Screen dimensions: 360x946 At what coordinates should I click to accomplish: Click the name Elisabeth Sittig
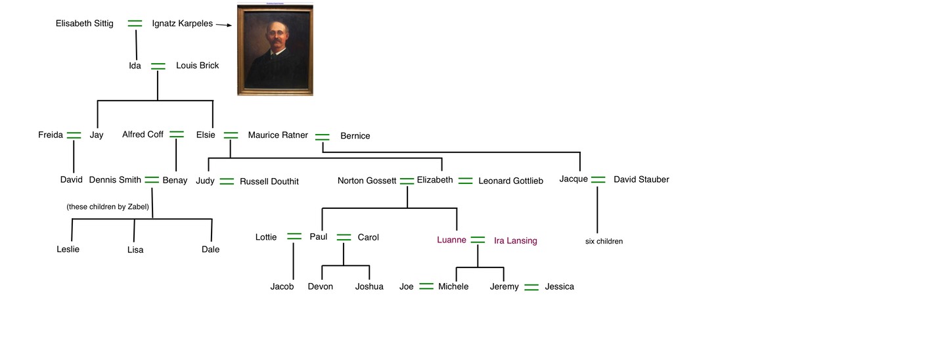tap(84, 24)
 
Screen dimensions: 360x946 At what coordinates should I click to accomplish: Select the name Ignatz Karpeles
tap(182, 24)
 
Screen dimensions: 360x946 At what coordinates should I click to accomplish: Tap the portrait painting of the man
tap(275, 51)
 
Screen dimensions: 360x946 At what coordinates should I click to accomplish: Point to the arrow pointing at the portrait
tap(224, 25)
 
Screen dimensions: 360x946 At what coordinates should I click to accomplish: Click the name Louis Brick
tap(197, 66)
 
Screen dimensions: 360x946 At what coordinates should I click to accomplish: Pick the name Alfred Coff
tap(143, 135)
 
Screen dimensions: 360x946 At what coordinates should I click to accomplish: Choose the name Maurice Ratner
tap(278, 135)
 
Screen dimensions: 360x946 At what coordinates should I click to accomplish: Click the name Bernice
tap(355, 136)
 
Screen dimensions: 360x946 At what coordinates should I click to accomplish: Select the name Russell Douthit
tap(269, 181)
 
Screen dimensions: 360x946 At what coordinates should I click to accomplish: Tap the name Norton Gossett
tap(367, 181)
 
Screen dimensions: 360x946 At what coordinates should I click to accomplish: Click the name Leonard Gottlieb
tap(510, 181)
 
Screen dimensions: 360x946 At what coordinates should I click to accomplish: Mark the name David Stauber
tap(641, 179)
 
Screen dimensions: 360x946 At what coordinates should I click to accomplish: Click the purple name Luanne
tap(451, 240)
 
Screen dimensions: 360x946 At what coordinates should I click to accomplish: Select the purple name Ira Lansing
tap(515, 240)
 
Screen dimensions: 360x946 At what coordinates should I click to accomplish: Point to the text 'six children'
tap(604, 241)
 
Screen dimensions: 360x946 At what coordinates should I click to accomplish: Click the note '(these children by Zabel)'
tap(108, 207)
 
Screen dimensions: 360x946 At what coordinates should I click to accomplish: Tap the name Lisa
tap(135, 250)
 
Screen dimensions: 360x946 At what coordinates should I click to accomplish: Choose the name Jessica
tap(559, 286)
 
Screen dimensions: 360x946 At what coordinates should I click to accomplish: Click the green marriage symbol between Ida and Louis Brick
tap(158, 66)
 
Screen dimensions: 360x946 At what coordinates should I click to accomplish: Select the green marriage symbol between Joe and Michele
tap(426, 286)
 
